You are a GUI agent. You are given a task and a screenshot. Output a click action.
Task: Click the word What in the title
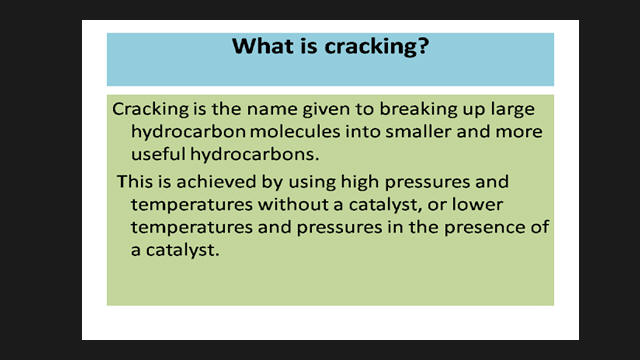(x=259, y=45)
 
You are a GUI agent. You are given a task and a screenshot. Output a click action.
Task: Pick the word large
(x=513, y=110)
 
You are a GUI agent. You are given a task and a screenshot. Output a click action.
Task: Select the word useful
(x=158, y=154)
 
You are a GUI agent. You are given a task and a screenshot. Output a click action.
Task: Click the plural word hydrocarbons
(x=254, y=154)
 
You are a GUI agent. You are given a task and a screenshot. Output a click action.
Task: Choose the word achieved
(x=216, y=182)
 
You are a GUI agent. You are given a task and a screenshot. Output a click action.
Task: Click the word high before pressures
(x=360, y=182)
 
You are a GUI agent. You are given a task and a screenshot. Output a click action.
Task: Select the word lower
(x=477, y=204)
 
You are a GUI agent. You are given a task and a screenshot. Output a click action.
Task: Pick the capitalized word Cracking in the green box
(x=151, y=110)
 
